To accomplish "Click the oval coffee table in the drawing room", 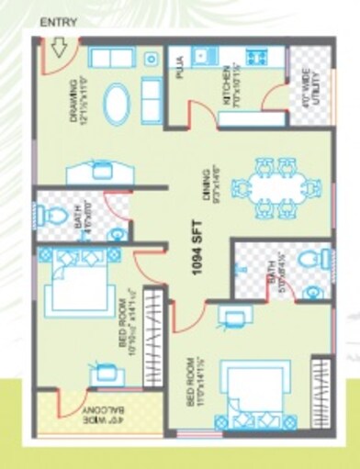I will (118, 105).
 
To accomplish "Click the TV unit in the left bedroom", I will (102, 374).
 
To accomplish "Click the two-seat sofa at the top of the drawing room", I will (112, 57).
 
